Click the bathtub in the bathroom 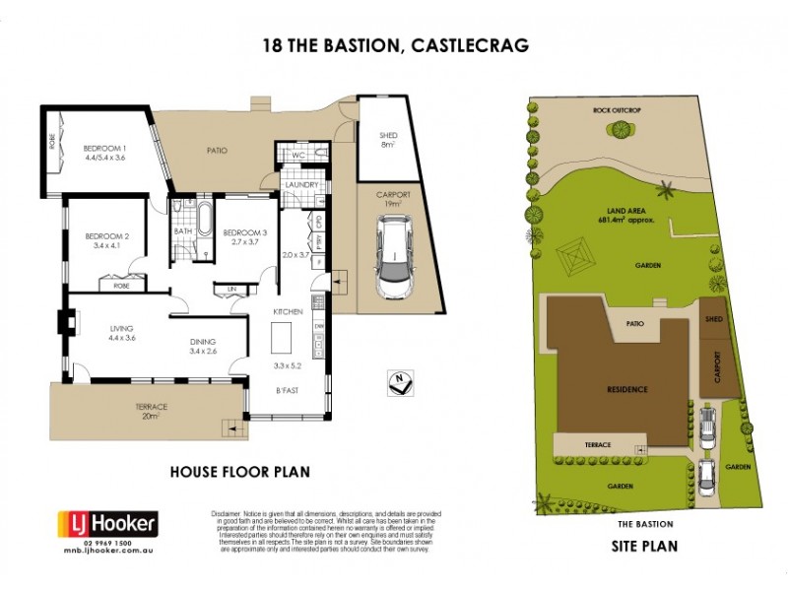tap(205, 219)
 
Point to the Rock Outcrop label tap(617, 110)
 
